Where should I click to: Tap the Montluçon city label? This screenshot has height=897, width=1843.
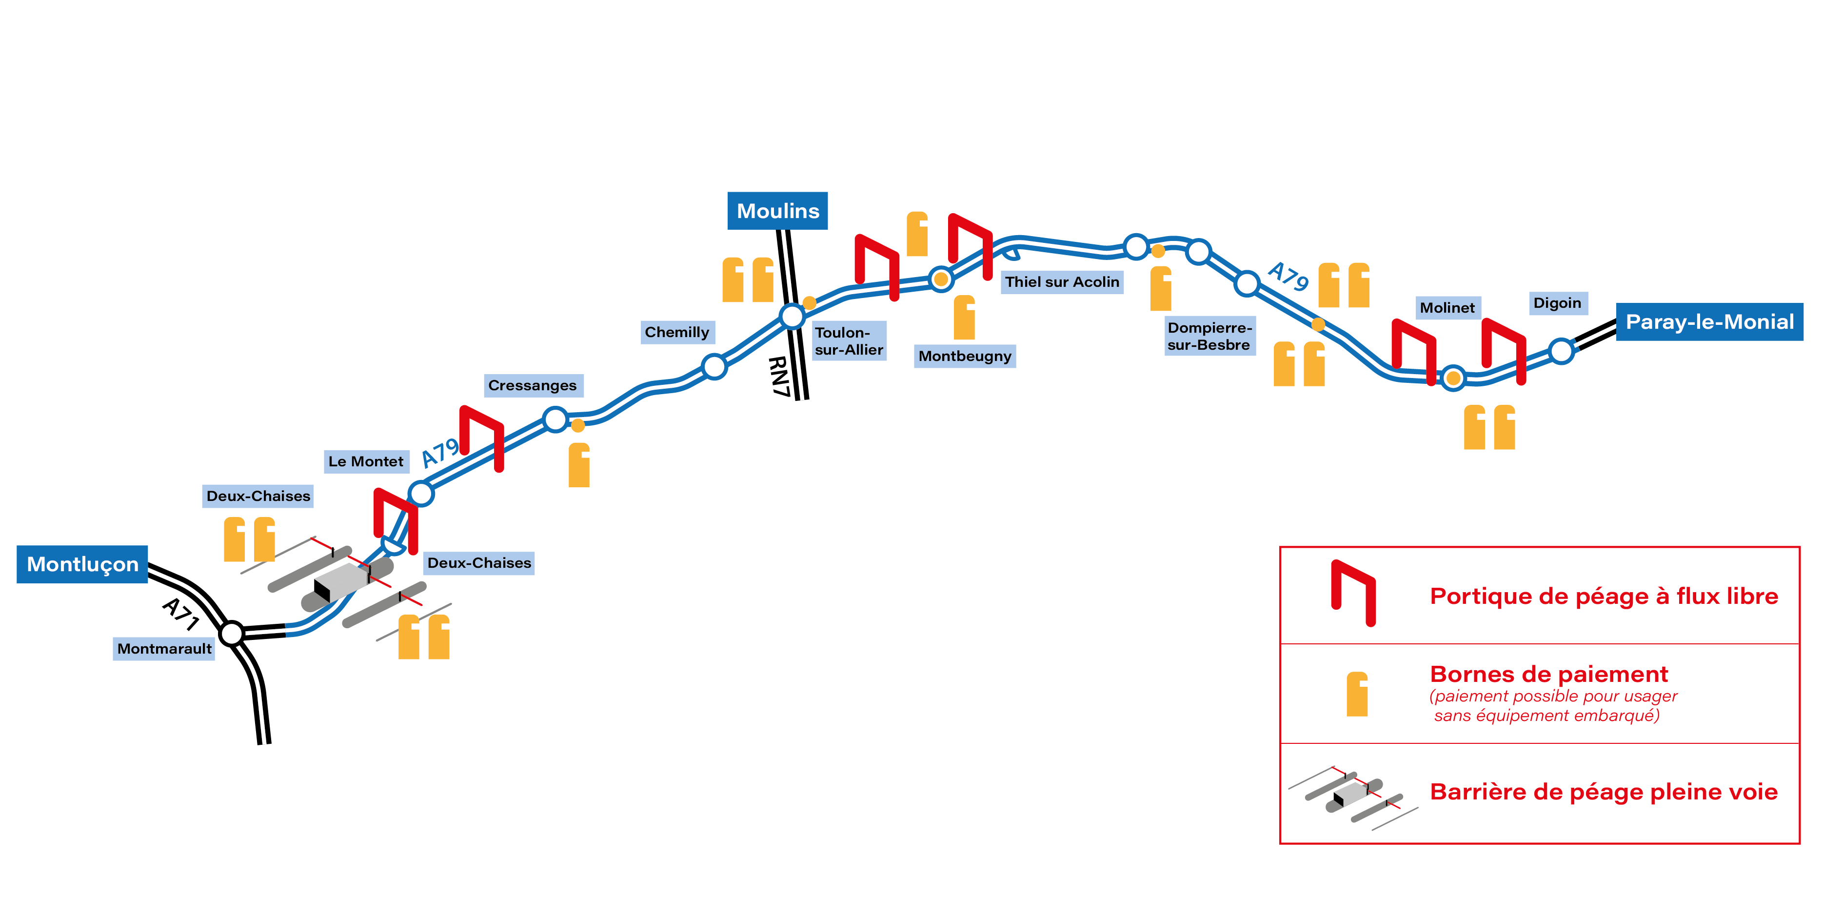pyautogui.click(x=82, y=564)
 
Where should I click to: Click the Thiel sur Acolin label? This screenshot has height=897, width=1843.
pyautogui.click(x=1061, y=282)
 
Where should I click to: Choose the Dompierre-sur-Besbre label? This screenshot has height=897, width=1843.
pyautogui.click(x=1209, y=336)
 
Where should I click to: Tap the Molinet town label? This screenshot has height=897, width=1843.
pyautogui.click(x=1447, y=308)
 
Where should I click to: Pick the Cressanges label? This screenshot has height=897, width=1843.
pyautogui.click(x=532, y=385)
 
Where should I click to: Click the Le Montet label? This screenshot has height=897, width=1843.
pyautogui.click(x=366, y=461)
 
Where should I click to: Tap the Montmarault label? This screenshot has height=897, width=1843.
pyautogui.click(x=164, y=649)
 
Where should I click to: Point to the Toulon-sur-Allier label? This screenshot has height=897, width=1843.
pyautogui.click(x=849, y=341)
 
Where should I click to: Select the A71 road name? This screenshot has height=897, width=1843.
pyautogui.click(x=180, y=614)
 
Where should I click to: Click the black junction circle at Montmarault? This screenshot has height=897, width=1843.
pyautogui.click(x=231, y=633)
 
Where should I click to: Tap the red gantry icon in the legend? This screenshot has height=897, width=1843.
pyautogui.click(x=1352, y=593)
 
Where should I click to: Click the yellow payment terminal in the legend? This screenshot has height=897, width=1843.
pyautogui.click(x=1356, y=694)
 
